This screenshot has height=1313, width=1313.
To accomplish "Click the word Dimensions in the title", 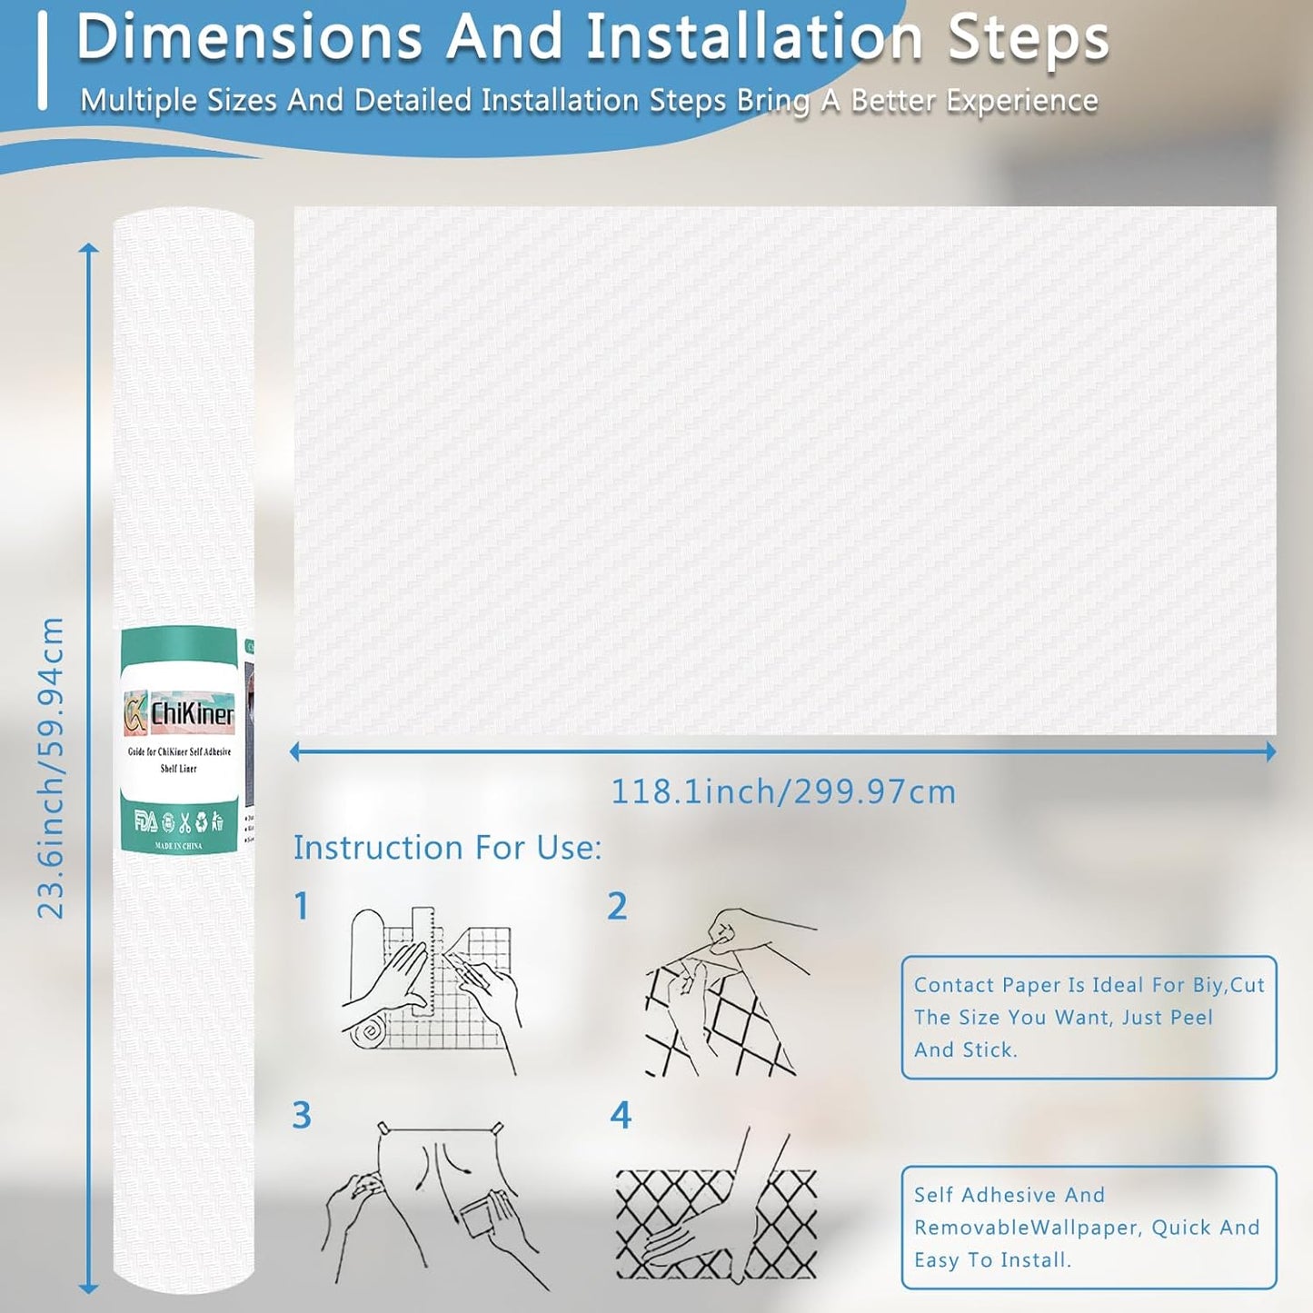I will (x=249, y=38).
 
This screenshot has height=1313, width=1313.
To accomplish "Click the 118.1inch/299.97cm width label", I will (x=783, y=791).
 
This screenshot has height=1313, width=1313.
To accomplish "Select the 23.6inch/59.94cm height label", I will (x=51, y=768).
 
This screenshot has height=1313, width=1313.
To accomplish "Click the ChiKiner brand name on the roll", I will (x=192, y=713).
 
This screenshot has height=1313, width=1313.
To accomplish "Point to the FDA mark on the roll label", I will (x=145, y=822).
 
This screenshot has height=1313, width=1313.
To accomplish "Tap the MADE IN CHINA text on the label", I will (x=179, y=846).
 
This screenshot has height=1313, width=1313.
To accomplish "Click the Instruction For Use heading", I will (x=447, y=848).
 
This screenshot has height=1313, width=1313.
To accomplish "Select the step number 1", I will (x=302, y=906).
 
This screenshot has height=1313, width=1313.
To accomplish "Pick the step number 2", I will (x=617, y=906).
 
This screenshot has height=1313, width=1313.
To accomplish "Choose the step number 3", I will (x=302, y=1115).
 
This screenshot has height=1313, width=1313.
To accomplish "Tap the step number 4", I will (x=620, y=1115).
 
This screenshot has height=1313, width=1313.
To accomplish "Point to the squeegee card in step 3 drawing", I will (x=484, y=1213).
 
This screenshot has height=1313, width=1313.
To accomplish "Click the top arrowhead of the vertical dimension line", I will (x=88, y=249).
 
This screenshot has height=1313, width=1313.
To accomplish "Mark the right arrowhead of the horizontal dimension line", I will (x=1269, y=751).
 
